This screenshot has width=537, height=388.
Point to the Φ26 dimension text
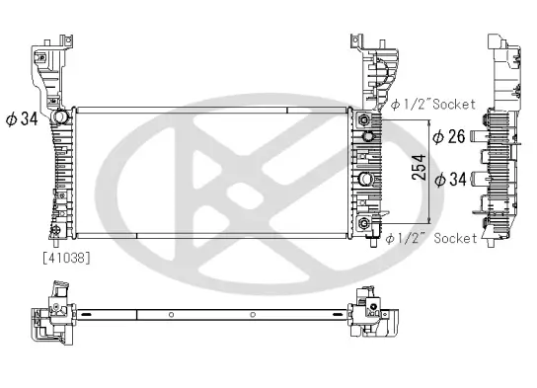coord(449,137)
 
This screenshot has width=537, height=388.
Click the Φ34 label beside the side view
coord(449,179)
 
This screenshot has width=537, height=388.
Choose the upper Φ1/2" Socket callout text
coord(432,104)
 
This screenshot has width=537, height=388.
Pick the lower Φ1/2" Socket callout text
coord(432,238)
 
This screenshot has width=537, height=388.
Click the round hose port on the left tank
coord(58,118)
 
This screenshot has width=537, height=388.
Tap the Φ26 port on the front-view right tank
coord(366,135)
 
